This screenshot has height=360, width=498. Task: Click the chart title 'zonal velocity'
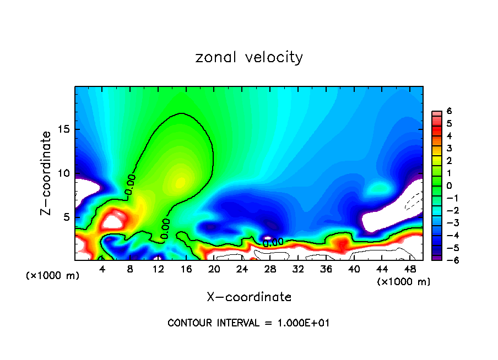[249, 57]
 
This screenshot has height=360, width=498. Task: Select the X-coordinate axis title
[249, 297]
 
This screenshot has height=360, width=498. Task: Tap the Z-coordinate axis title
[46, 173]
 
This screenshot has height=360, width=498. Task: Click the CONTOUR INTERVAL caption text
[248, 323]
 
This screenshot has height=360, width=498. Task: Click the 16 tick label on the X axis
[186, 269]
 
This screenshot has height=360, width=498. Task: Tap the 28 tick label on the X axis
[270, 269]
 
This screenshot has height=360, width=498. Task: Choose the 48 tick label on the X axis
[409, 269]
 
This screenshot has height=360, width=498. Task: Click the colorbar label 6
[449, 111]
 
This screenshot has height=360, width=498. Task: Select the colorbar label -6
[447, 260]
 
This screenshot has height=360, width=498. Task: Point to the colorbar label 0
[449, 186]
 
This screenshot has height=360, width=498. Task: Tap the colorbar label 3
[449, 148]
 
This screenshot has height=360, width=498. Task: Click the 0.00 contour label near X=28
[273, 242]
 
